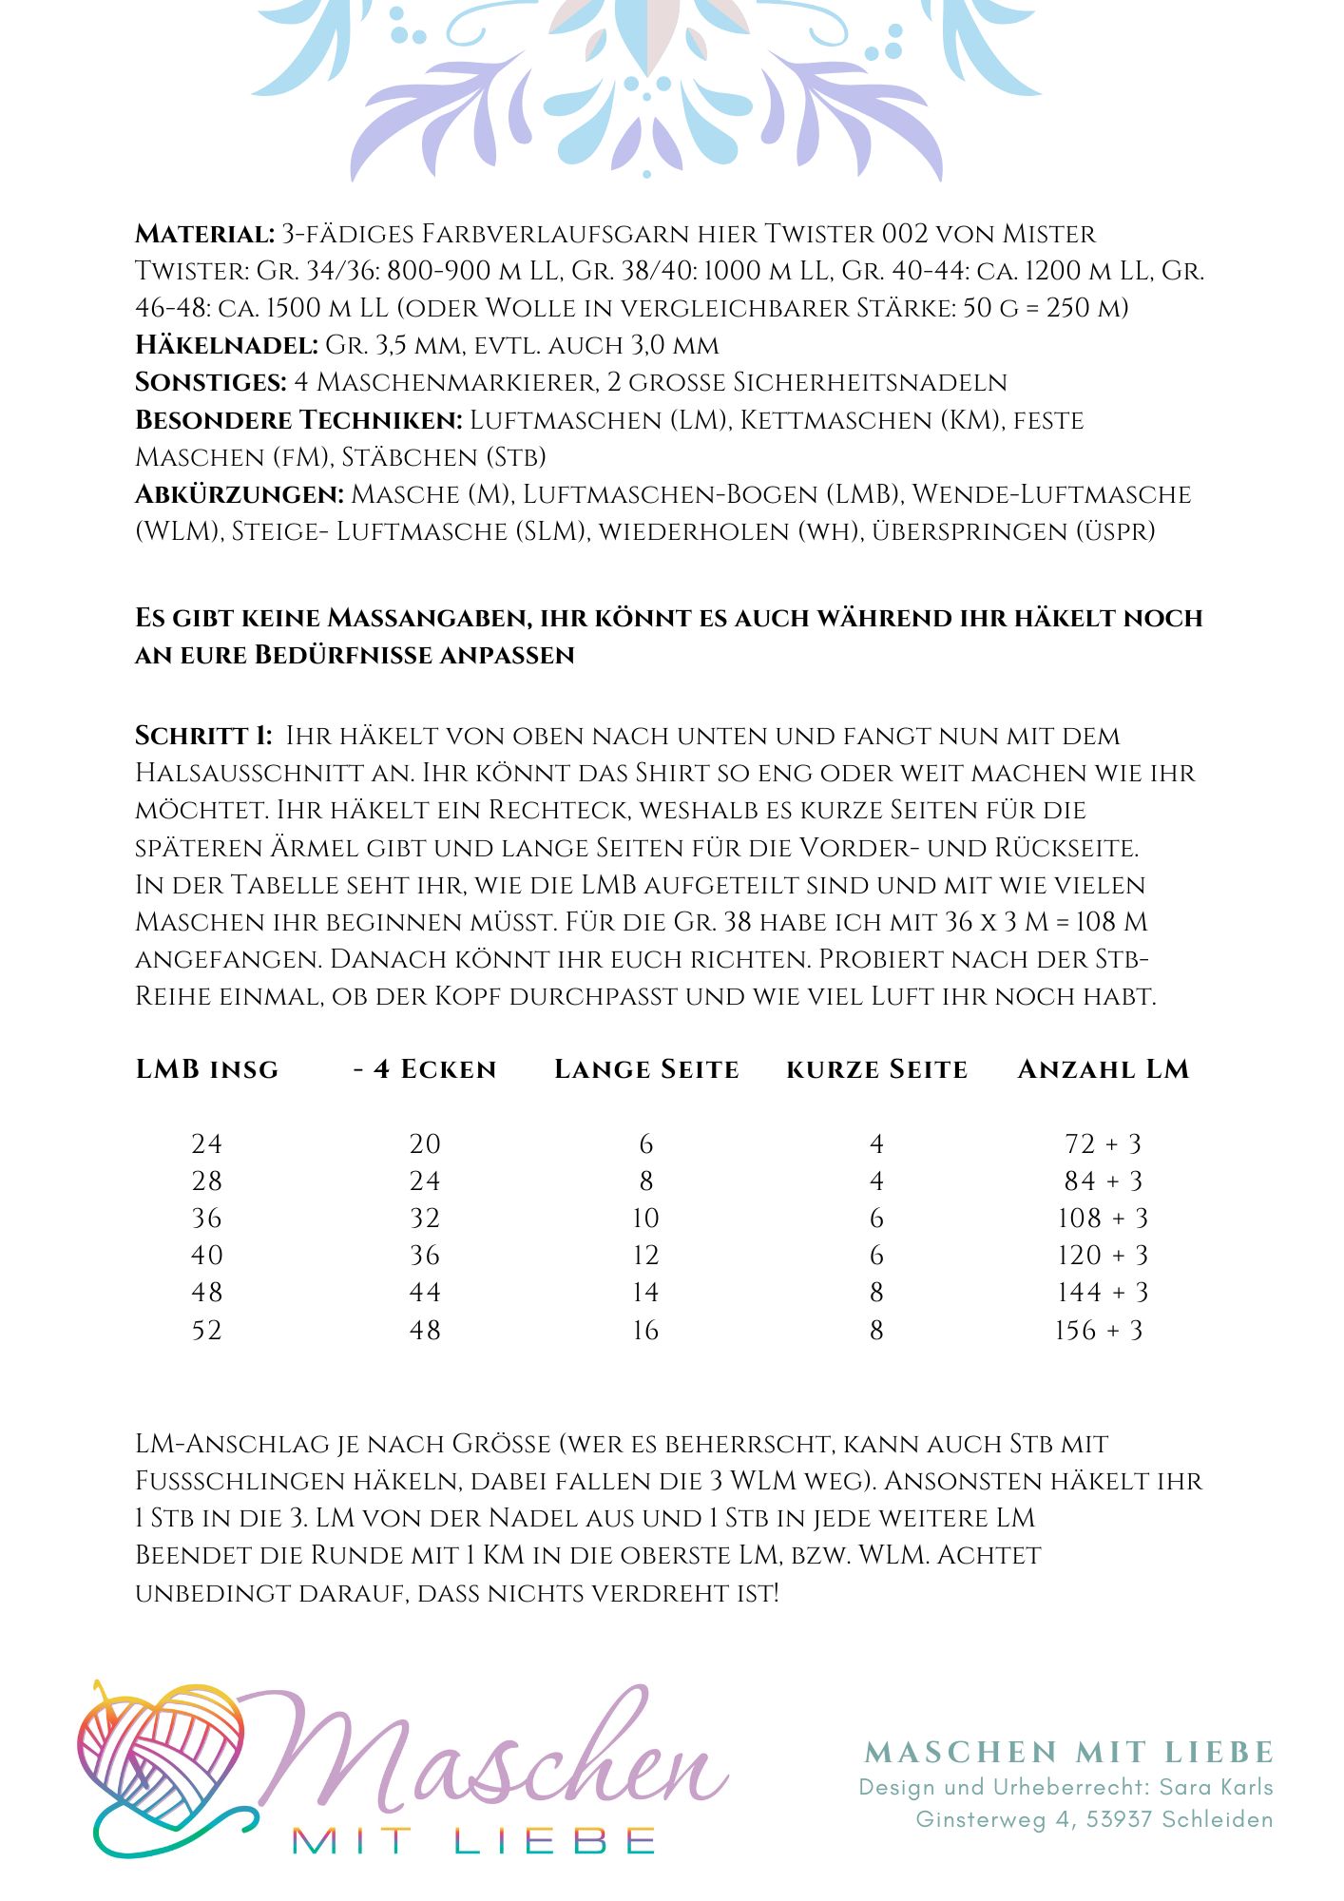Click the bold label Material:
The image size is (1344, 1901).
coord(204,234)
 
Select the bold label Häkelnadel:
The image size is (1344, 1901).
coord(226,345)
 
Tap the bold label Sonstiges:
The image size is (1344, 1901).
coord(211,382)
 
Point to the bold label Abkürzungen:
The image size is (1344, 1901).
coord(240,494)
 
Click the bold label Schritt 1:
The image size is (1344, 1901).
coord(204,736)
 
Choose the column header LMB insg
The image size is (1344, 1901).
coord(207,1069)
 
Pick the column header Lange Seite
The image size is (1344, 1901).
coord(646,1069)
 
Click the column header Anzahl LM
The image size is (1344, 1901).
coord(1103,1069)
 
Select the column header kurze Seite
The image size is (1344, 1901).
coord(876,1069)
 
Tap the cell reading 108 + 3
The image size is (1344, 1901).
coord(1103,1219)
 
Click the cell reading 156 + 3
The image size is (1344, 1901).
coord(1100,1331)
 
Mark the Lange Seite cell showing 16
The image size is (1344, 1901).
coord(646,1331)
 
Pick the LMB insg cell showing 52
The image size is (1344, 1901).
coord(207,1331)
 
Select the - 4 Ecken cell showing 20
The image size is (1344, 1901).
coord(425,1144)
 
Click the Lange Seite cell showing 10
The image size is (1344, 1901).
coord(646,1219)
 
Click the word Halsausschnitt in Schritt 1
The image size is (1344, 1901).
coord(266,773)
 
